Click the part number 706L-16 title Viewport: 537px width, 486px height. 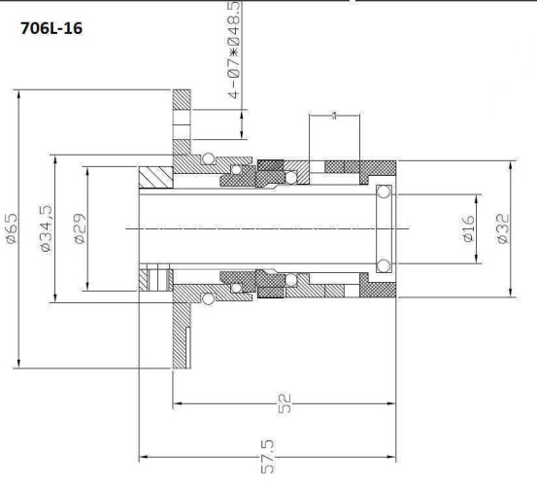tap(51, 29)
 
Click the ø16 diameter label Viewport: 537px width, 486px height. tap(467, 229)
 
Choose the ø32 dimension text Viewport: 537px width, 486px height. tap(502, 229)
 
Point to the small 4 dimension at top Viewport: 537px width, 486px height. tap(333, 117)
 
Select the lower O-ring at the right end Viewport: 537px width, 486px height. tap(385, 265)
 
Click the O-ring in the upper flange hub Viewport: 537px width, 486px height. tap(207, 159)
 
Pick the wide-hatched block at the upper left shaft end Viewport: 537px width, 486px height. tap(155, 177)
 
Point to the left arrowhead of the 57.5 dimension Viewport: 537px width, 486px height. tap(143, 455)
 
